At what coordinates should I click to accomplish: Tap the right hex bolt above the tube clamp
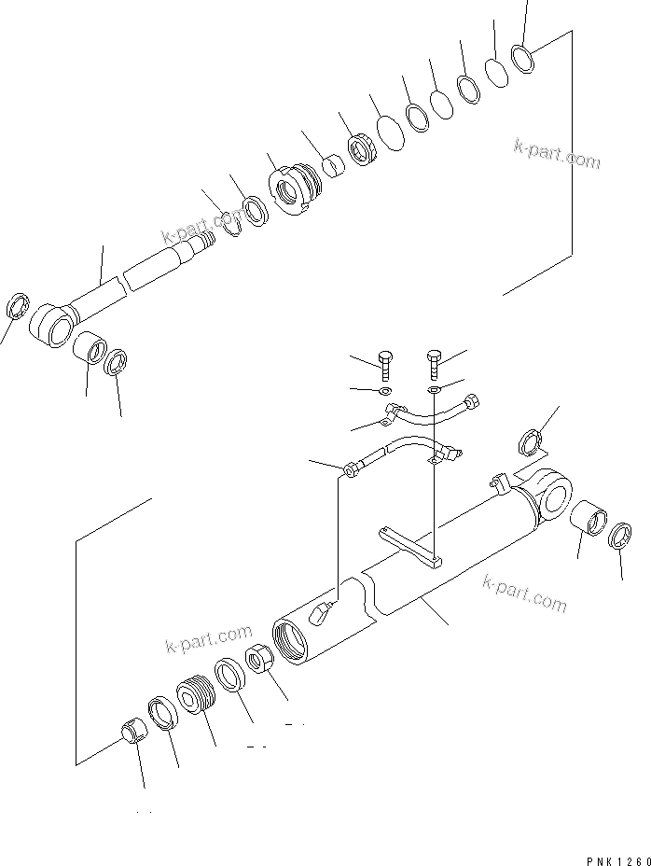click(x=434, y=360)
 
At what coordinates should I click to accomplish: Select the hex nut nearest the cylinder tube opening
click(x=259, y=664)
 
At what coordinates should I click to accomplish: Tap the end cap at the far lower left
click(x=132, y=732)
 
